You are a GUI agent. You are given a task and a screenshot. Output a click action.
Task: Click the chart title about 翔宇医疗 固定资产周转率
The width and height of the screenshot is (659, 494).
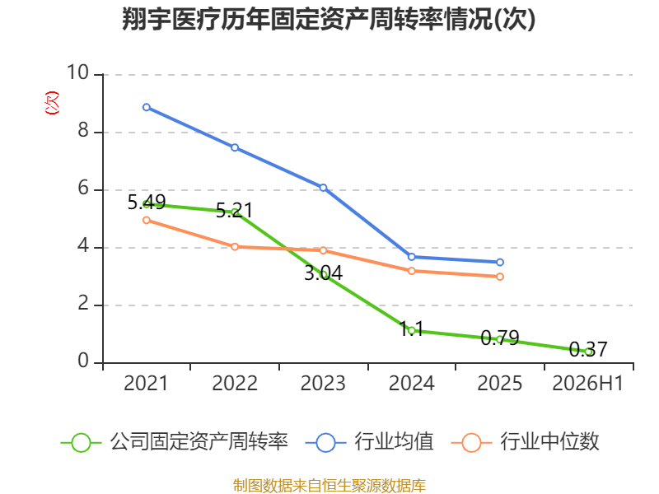329,18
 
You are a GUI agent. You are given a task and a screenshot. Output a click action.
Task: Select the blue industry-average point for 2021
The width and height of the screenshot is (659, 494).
147,107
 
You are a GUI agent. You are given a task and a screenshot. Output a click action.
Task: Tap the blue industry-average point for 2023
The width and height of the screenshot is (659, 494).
323,188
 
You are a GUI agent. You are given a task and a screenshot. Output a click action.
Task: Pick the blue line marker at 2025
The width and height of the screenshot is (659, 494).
500,262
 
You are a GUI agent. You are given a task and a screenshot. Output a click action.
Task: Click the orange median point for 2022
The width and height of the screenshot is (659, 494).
235,246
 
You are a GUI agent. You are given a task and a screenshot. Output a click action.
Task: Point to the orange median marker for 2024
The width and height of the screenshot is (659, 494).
411,271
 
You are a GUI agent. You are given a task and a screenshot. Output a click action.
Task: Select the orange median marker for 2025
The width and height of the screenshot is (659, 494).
500,277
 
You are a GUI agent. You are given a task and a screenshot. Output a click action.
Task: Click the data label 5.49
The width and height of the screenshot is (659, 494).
147,203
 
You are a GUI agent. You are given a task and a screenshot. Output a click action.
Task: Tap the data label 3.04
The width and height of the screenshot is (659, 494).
323,273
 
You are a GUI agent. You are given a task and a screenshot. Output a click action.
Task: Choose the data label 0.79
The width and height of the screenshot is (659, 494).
500,338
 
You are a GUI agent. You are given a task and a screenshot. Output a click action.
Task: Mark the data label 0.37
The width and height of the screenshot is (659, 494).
588,349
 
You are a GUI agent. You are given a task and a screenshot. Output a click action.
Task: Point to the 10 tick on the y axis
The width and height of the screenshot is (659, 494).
77,72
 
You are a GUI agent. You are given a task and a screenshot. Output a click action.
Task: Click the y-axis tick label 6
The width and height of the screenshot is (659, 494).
83,188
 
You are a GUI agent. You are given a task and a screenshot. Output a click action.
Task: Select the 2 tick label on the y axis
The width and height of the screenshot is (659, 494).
83,303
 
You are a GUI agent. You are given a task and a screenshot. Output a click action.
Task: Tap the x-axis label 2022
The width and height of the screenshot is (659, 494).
235,383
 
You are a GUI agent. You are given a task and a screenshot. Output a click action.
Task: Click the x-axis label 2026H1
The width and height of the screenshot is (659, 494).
587,383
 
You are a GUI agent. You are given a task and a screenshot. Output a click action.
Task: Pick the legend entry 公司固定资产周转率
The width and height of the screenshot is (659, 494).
175,442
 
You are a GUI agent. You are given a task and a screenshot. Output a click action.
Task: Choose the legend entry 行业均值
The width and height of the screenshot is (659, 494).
369,442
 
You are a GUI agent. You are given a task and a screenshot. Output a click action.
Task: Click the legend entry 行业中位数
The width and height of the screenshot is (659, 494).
525,442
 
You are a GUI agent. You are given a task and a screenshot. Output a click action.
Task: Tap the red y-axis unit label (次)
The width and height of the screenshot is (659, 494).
52,102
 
